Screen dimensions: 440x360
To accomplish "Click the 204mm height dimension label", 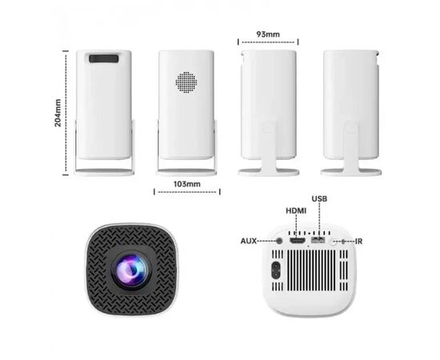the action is point(58,113).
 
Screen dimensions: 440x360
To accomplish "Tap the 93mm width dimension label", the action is point(268,34).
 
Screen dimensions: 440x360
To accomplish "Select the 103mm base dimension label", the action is point(187,184).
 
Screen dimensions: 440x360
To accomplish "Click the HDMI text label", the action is point(296,210).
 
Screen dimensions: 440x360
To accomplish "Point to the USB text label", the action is point(319,199).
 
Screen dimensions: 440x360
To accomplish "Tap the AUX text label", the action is point(249,241).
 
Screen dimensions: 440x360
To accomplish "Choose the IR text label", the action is point(358,242).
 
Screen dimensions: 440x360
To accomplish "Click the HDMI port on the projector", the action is point(298,241).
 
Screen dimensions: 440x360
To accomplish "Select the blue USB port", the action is point(318,240).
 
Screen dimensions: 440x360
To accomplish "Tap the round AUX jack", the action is point(279,241).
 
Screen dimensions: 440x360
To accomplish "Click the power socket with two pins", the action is point(275,270).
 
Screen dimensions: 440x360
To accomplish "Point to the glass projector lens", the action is point(131,270).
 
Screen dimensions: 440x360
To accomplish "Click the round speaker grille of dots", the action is point(186,82).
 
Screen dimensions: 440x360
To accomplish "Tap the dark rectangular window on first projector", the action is point(104,58).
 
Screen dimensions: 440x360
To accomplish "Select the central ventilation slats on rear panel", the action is point(311,270).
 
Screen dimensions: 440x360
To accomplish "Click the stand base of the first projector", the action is point(104,172).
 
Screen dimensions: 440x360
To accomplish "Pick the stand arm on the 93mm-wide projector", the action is point(269,145).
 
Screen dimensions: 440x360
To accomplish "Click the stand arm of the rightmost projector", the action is point(350,145).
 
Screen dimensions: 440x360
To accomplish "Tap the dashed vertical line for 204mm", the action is point(66,113).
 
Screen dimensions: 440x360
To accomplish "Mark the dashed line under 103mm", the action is point(187,192).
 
